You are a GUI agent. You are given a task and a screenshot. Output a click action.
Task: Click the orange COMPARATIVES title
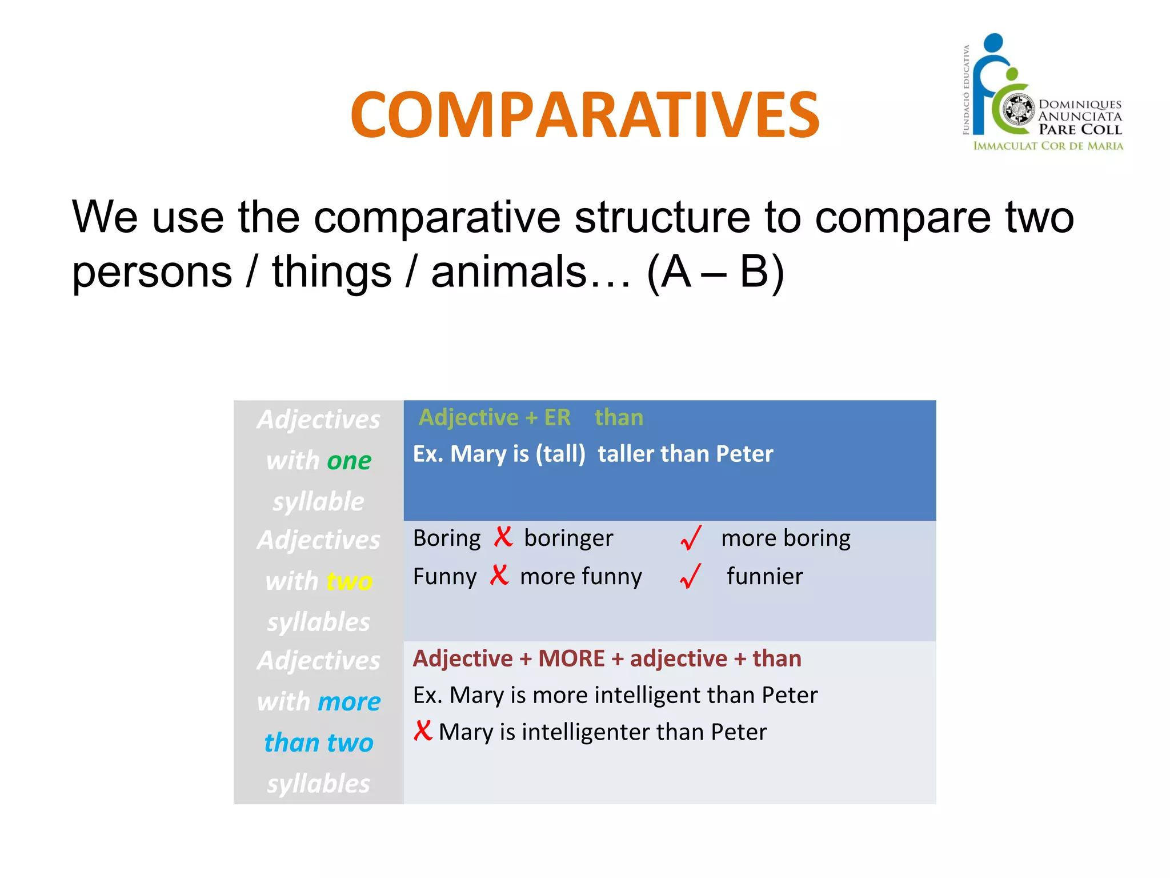click(584, 115)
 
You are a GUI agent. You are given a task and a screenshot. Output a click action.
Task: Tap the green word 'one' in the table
click(349, 461)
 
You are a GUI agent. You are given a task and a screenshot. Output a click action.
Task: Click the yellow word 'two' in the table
click(350, 581)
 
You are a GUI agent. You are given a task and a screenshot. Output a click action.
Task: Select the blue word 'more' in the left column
click(349, 702)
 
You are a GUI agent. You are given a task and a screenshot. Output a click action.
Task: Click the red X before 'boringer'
click(503, 537)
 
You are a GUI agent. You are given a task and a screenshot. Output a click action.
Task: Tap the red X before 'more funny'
click(499, 575)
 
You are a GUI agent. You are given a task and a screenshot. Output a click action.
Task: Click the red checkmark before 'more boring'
click(691, 538)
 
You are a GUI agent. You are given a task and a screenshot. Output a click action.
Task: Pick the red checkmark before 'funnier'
click(691, 576)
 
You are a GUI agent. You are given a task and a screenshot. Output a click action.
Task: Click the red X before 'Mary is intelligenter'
click(423, 731)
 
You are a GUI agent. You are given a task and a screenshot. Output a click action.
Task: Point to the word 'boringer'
click(568, 538)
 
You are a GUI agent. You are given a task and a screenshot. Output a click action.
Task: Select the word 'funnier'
click(764, 576)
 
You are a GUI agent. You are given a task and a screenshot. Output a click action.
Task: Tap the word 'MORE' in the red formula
click(571, 658)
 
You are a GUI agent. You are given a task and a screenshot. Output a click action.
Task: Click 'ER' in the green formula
click(557, 418)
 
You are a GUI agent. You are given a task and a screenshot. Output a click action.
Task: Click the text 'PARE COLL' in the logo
click(1080, 130)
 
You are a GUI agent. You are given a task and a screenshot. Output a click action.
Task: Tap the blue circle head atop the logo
click(994, 43)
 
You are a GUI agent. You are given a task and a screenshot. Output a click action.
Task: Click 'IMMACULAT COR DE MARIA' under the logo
click(1048, 146)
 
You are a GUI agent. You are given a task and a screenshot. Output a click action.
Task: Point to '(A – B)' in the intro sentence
click(715, 272)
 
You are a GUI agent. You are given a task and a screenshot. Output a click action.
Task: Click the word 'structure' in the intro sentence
click(662, 218)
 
